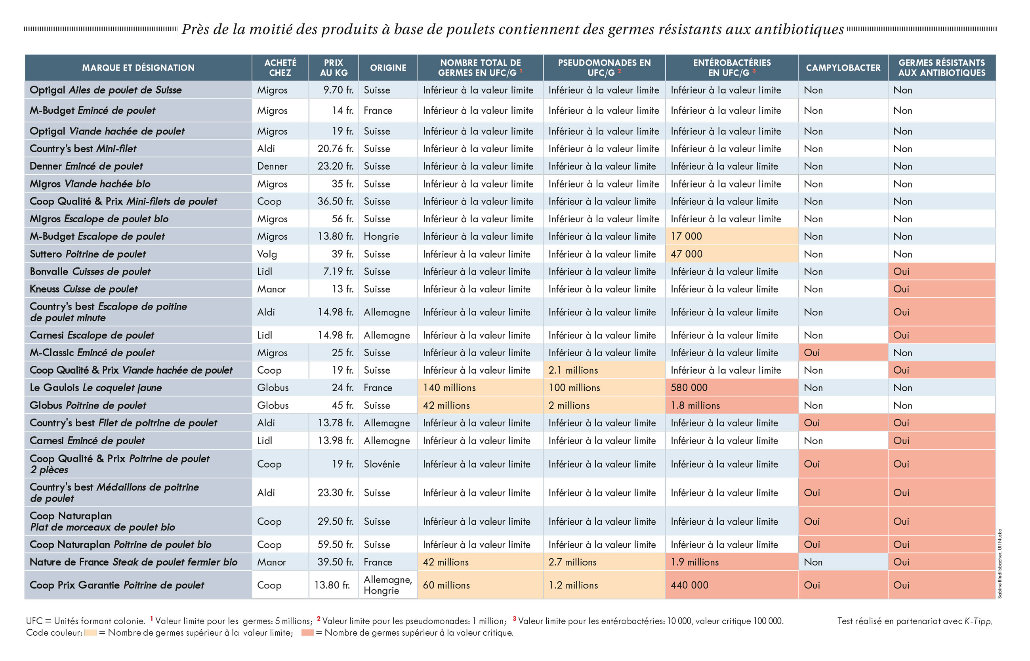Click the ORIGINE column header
click(388, 68)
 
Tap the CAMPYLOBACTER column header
click(843, 68)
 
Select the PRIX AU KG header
click(333, 68)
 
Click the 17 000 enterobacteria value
click(687, 237)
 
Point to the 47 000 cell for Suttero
click(687, 254)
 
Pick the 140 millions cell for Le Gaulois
click(449, 388)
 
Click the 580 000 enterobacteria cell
click(689, 388)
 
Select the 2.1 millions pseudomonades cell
click(573, 371)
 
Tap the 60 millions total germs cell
click(446, 585)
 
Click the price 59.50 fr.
click(336, 544)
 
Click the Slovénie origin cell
click(381, 464)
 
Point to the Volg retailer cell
click(267, 254)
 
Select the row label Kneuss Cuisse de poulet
click(84, 289)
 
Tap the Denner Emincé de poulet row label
click(86, 166)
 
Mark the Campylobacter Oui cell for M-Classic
click(812, 353)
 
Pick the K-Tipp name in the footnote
click(978, 621)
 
